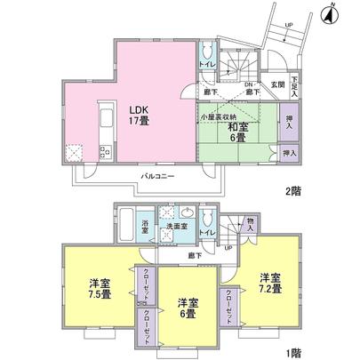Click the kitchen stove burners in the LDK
click(x=104, y=150)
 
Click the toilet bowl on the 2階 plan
click(x=205, y=50)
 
